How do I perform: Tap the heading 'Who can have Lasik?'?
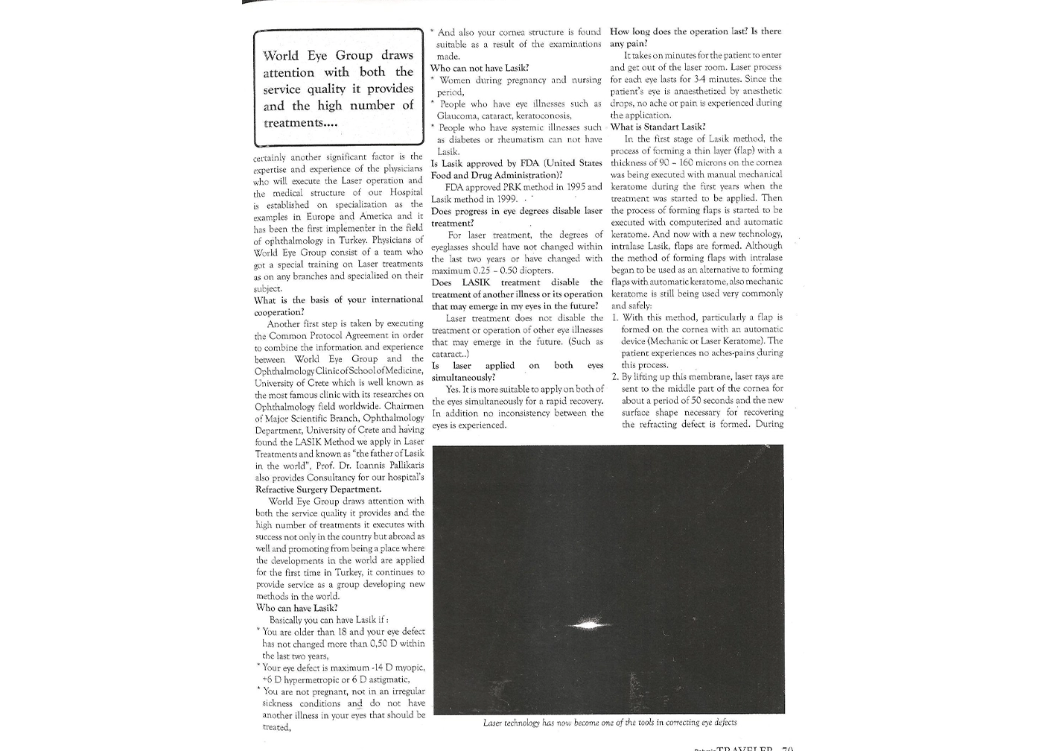point(296,608)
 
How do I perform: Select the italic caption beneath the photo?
point(609,723)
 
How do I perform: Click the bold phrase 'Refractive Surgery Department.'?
point(318,489)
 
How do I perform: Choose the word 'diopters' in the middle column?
point(533,270)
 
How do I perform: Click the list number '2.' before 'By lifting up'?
point(616,377)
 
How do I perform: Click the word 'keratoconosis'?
point(537,115)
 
